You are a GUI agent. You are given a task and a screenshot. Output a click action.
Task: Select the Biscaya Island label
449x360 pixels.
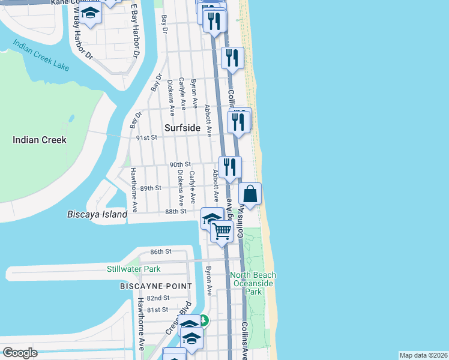(x=97, y=214)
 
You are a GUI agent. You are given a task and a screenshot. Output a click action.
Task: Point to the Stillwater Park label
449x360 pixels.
(x=134, y=269)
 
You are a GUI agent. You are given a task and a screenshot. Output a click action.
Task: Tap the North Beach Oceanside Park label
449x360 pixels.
(x=253, y=283)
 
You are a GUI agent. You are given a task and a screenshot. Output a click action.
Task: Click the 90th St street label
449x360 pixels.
(x=179, y=164)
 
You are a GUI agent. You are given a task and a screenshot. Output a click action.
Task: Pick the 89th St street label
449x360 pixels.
(x=151, y=188)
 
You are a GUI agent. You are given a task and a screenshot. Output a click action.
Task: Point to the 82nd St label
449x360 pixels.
(x=158, y=298)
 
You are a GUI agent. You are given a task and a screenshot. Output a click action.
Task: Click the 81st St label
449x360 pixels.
(x=157, y=310)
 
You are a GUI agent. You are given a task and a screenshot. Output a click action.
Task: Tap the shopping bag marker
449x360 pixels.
(x=250, y=194)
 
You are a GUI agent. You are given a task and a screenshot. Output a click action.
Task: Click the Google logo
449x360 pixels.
(x=20, y=353)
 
